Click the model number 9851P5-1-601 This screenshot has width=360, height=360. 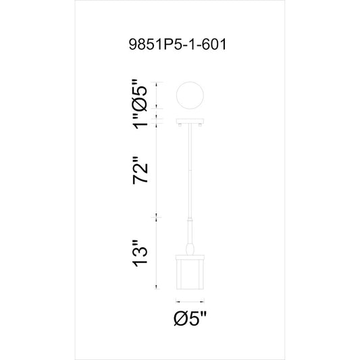coord(178,44)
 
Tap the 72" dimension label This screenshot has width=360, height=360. coord(140,170)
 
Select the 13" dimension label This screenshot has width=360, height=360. coord(140,253)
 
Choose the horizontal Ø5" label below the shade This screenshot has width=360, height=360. coord(190,318)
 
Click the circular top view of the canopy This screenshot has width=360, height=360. coord(190,95)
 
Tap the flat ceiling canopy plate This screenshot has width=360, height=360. coord(190,121)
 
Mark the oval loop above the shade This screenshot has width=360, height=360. coord(190,249)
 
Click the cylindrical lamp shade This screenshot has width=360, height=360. coord(190,272)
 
